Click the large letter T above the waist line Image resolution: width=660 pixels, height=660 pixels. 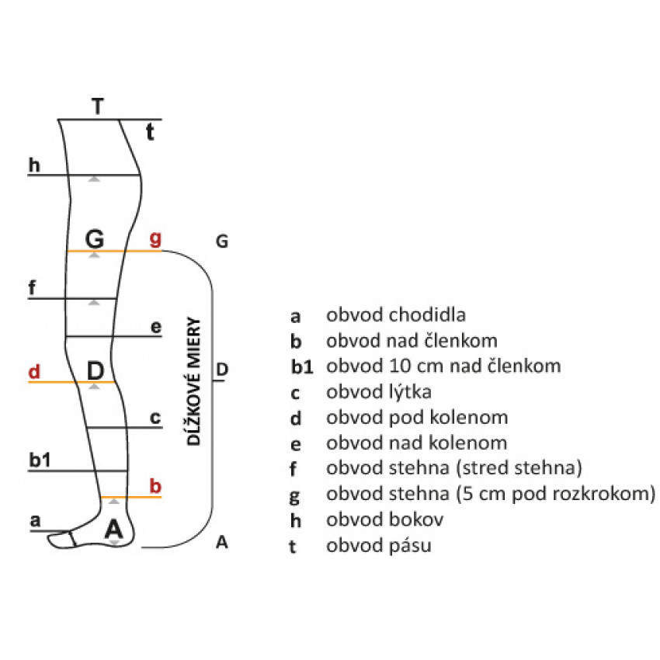(x=97, y=106)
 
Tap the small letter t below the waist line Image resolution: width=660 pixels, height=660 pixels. (x=151, y=133)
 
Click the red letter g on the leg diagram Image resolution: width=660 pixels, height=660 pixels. (x=155, y=238)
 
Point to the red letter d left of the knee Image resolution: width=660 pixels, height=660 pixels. (x=33, y=371)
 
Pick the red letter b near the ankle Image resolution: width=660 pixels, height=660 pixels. (x=155, y=486)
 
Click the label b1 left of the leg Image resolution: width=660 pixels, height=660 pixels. (x=40, y=460)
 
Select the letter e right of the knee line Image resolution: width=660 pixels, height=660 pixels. (x=156, y=328)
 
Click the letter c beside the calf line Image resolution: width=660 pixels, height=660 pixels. (x=155, y=419)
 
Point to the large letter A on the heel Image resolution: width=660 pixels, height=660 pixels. (x=114, y=529)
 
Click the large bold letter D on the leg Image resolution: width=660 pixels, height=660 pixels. (x=95, y=371)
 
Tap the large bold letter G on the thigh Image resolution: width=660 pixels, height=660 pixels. (x=95, y=237)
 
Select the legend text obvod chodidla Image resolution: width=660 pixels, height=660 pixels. (x=396, y=315)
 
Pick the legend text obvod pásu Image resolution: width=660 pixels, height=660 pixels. (x=379, y=546)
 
